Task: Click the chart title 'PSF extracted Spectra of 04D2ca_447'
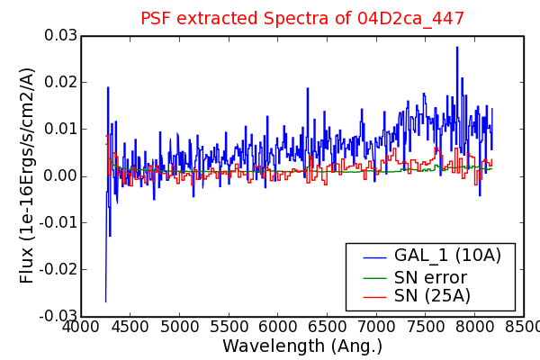(302, 18)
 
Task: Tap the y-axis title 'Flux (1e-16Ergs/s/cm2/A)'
(26, 175)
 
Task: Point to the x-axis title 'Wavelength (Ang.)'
(302, 346)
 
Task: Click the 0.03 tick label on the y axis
(60, 35)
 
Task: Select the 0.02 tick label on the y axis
(60, 82)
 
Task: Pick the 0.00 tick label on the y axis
(60, 175)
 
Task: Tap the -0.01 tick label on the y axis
(58, 222)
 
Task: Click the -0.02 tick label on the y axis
(58, 269)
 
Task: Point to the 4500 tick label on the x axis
(130, 326)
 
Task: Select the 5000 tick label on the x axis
(179, 326)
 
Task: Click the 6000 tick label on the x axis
(277, 326)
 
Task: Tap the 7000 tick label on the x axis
(376, 326)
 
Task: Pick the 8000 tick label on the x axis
(474, 326)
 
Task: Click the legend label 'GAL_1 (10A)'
(447, 256)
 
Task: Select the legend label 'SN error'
(430, 277)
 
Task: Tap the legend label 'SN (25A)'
(432, 295)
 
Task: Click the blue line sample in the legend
(374, 257)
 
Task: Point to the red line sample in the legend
(374, 297)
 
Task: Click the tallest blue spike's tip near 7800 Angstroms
(457, 47)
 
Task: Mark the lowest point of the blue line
(105, 302)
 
